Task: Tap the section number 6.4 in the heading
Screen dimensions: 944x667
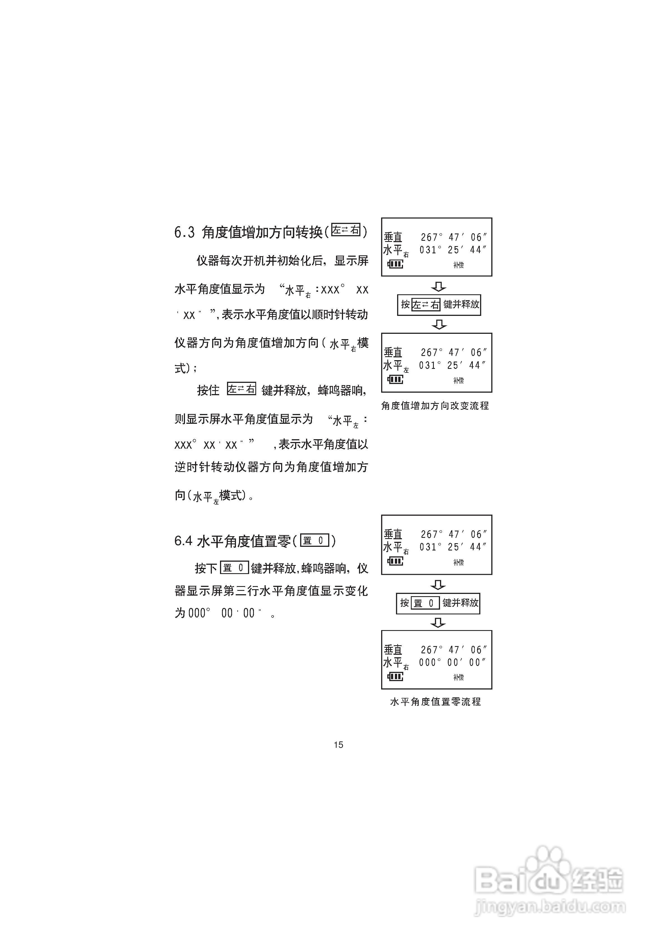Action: [x=183, y=541]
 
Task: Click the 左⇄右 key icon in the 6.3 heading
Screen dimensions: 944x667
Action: [x=346, y=230]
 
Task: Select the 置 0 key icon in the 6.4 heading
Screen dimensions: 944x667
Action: [x=315, y=540]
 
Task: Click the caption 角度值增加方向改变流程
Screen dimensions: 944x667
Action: [x=435, y=406]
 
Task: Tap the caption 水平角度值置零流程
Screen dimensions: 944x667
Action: [x=435, y=702]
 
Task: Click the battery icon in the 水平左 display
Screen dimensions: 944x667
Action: [x=395, y=380]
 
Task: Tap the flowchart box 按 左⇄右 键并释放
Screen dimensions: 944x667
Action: [x=439, y=305]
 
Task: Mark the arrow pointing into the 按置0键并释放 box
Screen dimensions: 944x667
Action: [x=438, y=585]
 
